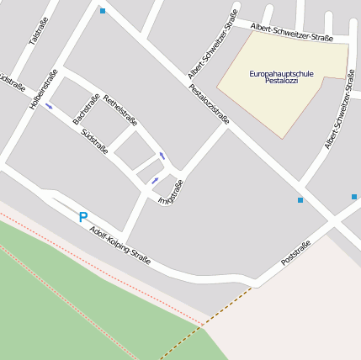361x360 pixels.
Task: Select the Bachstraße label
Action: pos(87,109)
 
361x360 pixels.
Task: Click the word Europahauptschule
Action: pos(281,74)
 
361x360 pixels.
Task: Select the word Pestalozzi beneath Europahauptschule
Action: pos(281,82)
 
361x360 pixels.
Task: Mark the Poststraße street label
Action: pos(296,252)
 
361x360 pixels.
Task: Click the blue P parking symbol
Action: pos(82,217)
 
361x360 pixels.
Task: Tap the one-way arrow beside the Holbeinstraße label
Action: pos(49,106)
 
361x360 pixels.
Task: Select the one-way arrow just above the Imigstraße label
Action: pos(155,180)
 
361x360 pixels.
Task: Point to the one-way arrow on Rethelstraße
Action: pos(161,156)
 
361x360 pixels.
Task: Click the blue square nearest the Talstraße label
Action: pos(103,11)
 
